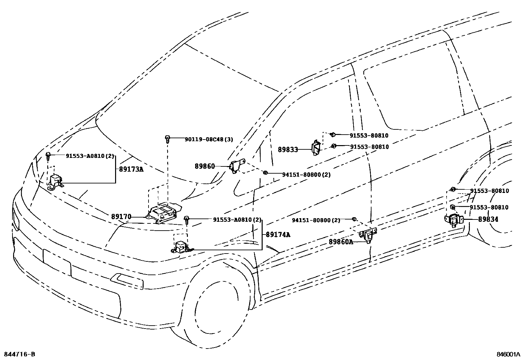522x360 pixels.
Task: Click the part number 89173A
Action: (131, 169)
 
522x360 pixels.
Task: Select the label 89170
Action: (121, 217)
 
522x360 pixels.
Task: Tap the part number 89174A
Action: (278, 235)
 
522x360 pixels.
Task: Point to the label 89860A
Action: (341, 242)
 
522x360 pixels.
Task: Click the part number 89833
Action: (288, 150)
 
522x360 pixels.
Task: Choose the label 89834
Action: (488, 219)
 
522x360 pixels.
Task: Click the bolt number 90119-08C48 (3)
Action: (209, 139)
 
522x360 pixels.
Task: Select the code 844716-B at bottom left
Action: (19, 354)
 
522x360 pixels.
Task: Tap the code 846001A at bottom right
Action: (508, 354)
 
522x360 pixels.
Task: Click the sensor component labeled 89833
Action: (316, 148)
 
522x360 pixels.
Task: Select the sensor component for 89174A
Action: (180, 247)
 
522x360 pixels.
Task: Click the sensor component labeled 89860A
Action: (368, 235)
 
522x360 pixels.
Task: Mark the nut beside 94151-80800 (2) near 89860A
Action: (354, 219)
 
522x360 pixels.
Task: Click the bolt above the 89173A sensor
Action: (48, 155)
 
